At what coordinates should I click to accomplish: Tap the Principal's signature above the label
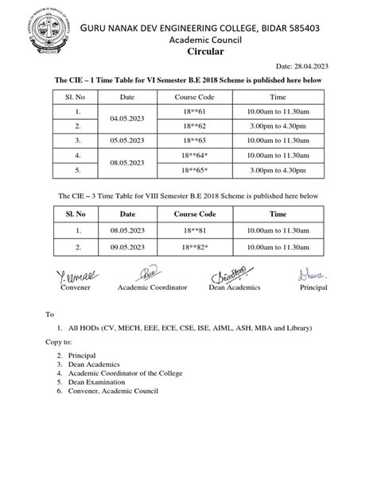[x=309, y=275]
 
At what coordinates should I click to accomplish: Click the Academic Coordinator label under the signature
[x=152, y=287]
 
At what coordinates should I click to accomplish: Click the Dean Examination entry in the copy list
[x=100, y=382]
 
